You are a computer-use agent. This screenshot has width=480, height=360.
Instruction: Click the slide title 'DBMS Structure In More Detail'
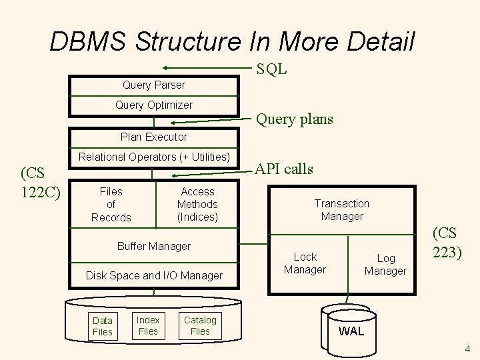coord(232,41)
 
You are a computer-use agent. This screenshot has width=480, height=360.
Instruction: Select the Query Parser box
coord(154,85)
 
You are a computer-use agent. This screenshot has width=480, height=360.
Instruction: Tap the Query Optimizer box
coord(154,105)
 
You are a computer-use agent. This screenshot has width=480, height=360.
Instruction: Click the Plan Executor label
coord(154,137)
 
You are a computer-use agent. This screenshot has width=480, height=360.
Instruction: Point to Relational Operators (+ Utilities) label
coord(154,157)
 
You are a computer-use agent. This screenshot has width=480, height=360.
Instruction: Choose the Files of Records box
coord(111,204)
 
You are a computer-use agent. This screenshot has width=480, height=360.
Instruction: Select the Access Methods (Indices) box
coord(197,204)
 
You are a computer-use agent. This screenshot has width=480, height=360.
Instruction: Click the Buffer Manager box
coord(154,246)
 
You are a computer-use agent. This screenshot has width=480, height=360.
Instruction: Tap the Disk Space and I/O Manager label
coord(154,275)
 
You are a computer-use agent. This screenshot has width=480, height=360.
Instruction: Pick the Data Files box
coord(103,325)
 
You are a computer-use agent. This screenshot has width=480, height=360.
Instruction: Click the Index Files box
coord(148,325)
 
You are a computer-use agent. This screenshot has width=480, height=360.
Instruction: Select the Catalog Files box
coord(200,325)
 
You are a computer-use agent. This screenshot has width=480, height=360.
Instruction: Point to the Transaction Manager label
coord(342,209)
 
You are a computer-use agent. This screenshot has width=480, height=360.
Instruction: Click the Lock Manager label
coord(305,263)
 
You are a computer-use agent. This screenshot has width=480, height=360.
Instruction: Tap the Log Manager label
coord(386,264)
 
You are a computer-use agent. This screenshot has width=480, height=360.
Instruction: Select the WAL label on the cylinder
coord(351,331)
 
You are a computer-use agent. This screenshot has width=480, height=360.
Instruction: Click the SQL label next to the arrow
coord(273,69)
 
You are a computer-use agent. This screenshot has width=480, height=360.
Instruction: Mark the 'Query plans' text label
coord(295,119)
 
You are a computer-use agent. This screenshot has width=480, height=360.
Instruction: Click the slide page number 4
coord(467,348)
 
